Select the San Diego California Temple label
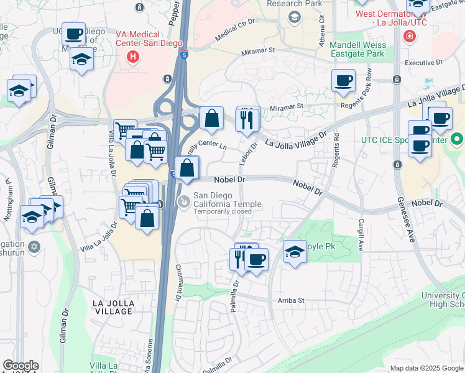[227, 200]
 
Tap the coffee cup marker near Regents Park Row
[343, 81]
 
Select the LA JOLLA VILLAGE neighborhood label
[122, 303]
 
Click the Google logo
[21, 366]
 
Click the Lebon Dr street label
[254, 154]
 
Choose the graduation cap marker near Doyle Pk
[295, 252]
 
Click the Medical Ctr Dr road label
[236, 30]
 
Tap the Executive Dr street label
[423, 63]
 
